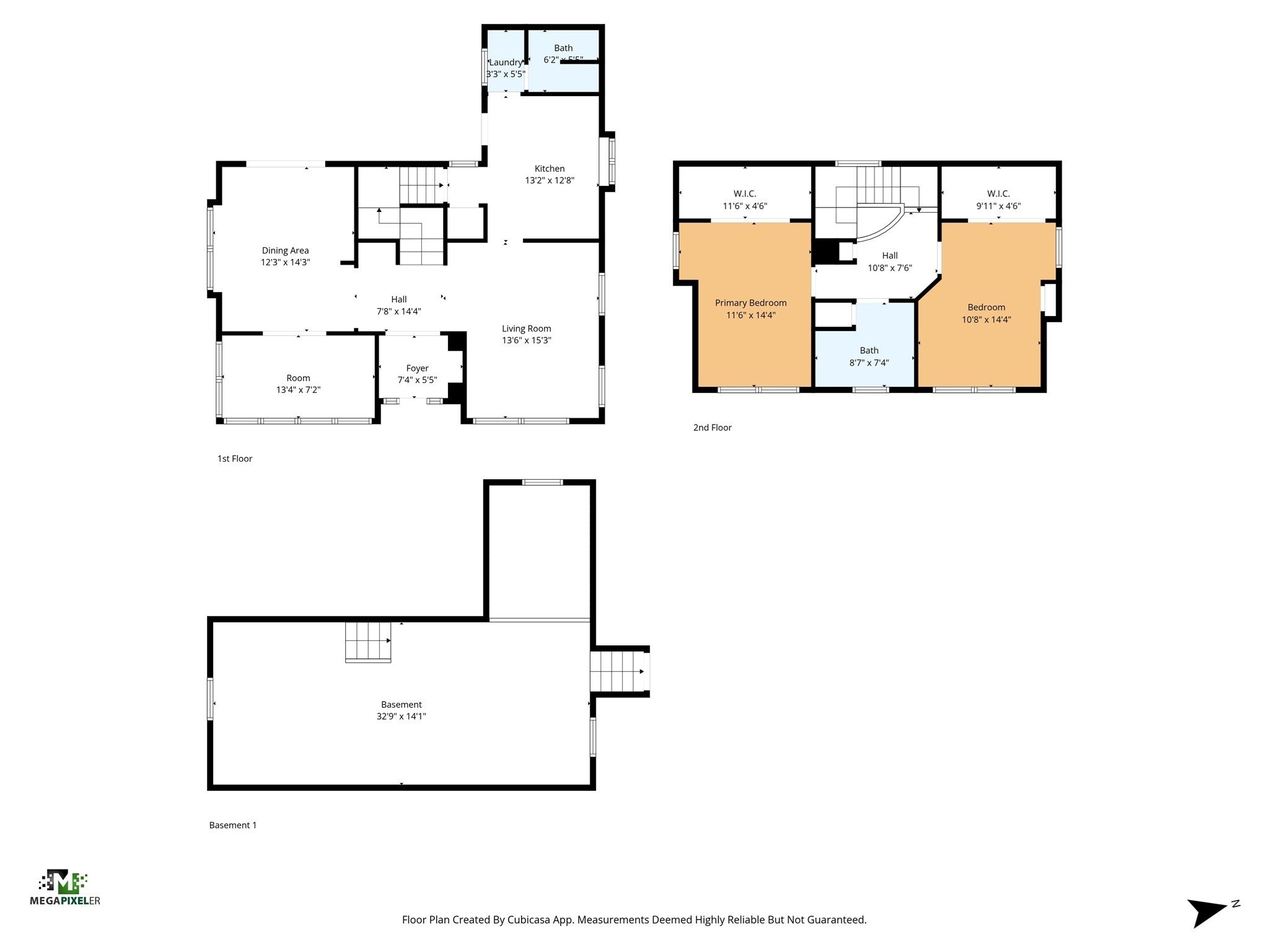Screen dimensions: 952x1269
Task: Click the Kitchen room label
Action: pos(549,169)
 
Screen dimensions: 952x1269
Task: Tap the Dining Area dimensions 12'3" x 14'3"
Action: pos(285,262)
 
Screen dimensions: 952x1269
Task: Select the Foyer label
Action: pos(417,368)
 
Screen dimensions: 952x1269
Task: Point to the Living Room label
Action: pos(526,328)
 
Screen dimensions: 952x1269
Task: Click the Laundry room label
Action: pos(505,63)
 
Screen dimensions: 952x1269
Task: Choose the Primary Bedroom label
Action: pos(750,303)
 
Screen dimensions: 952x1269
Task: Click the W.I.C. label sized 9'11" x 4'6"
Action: pos(998,194)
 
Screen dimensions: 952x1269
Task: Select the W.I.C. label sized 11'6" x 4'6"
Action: pos(745,194)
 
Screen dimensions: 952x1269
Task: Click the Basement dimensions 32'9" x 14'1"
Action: pos(401,716)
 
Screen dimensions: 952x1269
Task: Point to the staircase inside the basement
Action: pos(368,641)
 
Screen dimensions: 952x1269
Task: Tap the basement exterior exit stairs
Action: pos(617,671)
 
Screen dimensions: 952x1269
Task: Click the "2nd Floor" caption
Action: pos(712,428)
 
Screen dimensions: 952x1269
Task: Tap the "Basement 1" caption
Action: pos(232,825)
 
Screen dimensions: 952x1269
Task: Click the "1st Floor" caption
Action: pos(235,459)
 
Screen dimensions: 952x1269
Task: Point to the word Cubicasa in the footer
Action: pos(530,920)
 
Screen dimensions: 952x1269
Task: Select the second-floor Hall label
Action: pos(890,255)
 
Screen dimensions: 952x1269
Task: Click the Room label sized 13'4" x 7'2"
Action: pos(298,378)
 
